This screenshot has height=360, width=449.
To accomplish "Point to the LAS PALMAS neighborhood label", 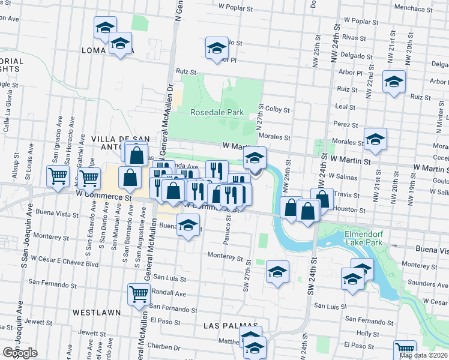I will click(x=226, y=326).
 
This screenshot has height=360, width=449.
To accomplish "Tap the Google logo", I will click(x=20, y=353).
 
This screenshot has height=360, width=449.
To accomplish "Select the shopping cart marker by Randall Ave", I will click(x=139, y=295).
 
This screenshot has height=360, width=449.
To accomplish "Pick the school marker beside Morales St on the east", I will click(x=376, y=140).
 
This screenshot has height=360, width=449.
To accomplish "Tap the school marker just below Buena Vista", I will click(x=188, y=226).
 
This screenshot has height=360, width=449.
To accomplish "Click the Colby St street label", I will click(x=277, y=110).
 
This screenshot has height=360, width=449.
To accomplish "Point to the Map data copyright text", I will click(x=423, y=355).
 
